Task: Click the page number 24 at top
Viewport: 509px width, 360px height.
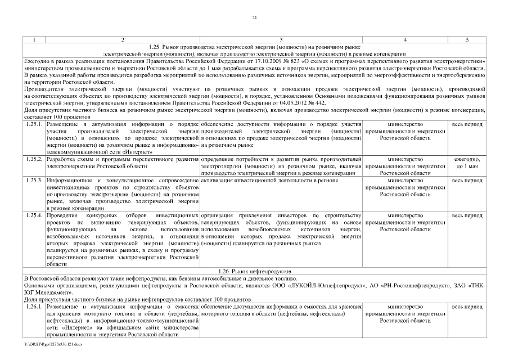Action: pos(254,19)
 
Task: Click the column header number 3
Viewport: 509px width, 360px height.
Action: pos(281,40)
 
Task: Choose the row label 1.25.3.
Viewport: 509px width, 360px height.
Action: pos(35,180)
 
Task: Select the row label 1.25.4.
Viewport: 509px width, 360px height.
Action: pos(35,215)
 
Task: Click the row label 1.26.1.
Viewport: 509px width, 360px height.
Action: pos(35,306)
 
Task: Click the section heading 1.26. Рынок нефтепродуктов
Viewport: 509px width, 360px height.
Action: pos(254,271)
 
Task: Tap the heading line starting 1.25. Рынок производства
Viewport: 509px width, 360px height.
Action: pos(254,46)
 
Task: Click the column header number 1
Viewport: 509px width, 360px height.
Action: pos(35,40)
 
